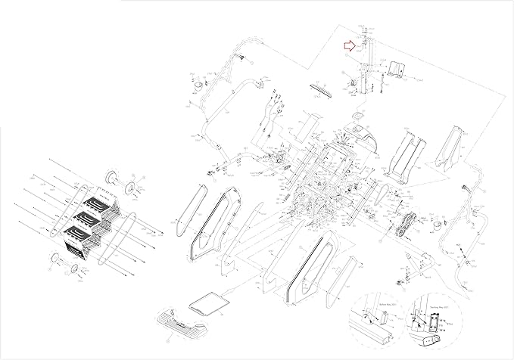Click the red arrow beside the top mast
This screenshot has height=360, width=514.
point(348,46)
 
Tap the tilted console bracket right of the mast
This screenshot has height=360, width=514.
point(397,69)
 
